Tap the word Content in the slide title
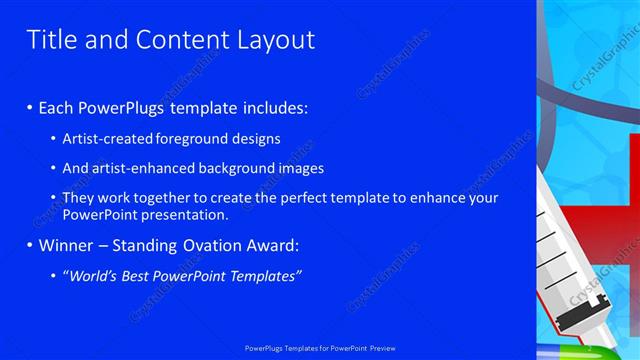(177, 40)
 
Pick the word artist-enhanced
(140, 169)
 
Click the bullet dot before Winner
(29, 245)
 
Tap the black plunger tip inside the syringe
(573, 319)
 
